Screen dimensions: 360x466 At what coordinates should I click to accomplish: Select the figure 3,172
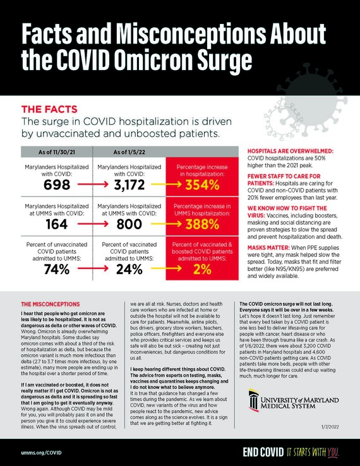[x=129, y=185]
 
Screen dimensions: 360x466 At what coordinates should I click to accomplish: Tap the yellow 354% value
[x=202, y=185]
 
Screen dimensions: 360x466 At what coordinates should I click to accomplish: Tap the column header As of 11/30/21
[x=56, y=152]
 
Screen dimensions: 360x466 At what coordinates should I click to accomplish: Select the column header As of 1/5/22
[x=129, y=152]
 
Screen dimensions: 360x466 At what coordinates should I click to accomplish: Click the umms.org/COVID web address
[x=41, y=451]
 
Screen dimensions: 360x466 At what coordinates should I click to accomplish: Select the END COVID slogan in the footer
[x=263, y=451]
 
